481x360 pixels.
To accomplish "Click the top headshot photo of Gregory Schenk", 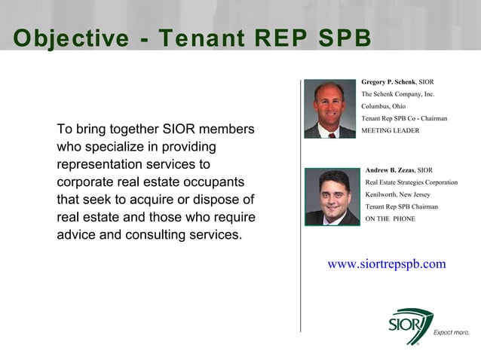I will coord(330,108).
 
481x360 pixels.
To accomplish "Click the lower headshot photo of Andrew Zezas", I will coord(332,197).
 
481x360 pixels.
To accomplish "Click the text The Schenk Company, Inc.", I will coord(398,94).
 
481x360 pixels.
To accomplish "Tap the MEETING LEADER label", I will coord(390,130).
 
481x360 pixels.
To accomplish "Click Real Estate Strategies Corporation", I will coord(411,182).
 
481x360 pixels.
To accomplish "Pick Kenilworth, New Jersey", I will coord(397,194).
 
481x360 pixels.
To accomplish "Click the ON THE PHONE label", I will coord(390,218).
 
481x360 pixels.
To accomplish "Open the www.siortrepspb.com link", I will coord(386,264).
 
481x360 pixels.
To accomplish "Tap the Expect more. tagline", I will coord(451,332).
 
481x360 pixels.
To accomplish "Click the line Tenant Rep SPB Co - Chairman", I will coord(404,118).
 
